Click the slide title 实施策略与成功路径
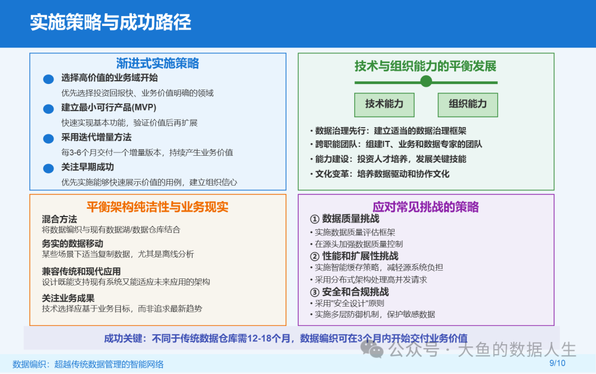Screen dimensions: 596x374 coord(110,22)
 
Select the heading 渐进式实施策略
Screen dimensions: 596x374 coord(157,63)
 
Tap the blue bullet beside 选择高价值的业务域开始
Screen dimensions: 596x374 coord(48,79)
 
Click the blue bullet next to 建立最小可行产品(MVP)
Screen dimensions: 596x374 coord(48,109)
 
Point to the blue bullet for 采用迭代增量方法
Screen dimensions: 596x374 coord(48,139)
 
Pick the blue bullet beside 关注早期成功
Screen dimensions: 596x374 coord(48,168)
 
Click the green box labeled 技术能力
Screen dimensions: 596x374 coord(384,104)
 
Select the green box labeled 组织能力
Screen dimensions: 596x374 coord(467,104)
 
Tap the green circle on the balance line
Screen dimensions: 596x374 coord(426,81)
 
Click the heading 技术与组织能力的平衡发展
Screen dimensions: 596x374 coord(425,66)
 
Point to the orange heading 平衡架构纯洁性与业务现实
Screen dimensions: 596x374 coord(157,207)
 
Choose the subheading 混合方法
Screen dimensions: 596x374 coord(59,219)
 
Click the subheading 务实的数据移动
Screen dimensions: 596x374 coord(73,244)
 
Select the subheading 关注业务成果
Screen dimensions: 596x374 coord(68,298)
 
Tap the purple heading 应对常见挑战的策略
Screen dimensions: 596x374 coord(425,207)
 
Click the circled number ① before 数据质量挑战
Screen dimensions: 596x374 coord(315,219)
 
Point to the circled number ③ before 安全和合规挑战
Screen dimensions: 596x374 coord(315,292)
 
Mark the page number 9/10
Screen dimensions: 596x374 coord(557,363)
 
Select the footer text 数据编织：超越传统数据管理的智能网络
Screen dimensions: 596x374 coord(88,365)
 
